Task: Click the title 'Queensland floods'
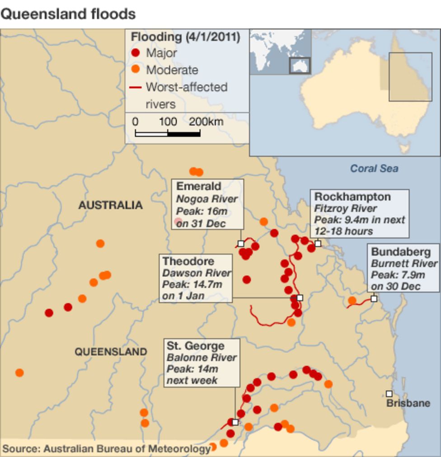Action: click(68, 14)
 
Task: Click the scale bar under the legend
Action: click(168, 133)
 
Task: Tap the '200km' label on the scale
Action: click(206, 122)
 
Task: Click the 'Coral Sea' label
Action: click(374, 169)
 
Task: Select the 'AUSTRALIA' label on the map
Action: click(110, 205)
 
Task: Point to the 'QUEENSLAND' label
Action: click(111, 352)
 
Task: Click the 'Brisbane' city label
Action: click(408, 403)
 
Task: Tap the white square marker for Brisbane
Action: click(389, 394)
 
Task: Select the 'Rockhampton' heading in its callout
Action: click(352, 197)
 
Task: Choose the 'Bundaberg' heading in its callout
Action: click(401, 252)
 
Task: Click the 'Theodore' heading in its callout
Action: click(188, 261)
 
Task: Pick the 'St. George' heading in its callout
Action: click(195, 346)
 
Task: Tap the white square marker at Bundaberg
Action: click(374, 298)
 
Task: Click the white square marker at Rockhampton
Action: click(318, 243)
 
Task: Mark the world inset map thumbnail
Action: click(280, 52)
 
